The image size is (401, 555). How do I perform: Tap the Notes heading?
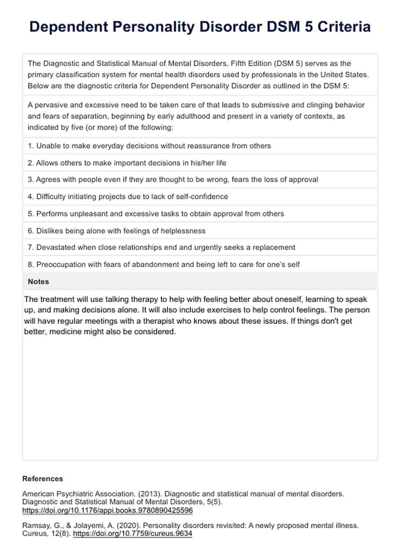pos(38,282)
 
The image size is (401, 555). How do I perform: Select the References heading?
pos(43,479)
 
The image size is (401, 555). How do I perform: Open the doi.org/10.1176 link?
pos(107,510)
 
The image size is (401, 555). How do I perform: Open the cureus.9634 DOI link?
pos(133,534)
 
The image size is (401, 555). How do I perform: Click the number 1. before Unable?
pos(31,146)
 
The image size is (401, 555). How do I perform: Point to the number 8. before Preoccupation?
pos(31,265)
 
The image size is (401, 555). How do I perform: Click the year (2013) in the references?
pos(150,494)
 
